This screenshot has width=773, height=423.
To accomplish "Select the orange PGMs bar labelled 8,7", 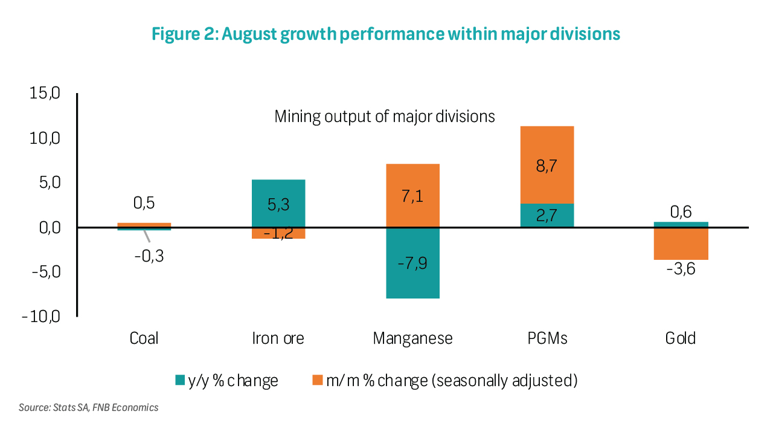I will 547,164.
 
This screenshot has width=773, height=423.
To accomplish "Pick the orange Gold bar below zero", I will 681,244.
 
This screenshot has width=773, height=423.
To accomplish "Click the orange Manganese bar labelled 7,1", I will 413,196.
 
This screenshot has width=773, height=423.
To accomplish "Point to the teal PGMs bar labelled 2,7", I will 547,215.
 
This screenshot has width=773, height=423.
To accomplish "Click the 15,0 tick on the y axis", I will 45,94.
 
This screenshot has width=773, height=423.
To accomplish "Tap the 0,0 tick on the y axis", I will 45,228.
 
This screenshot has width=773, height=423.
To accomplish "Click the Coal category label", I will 144,338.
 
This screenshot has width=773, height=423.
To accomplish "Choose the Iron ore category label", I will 278,338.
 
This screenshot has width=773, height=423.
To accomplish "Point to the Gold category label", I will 681,338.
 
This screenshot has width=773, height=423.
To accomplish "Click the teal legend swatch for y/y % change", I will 180,381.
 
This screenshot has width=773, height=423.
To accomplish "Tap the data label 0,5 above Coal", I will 144,203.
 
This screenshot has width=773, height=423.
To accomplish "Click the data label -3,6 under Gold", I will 681,269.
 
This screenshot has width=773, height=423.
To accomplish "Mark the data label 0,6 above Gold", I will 681,211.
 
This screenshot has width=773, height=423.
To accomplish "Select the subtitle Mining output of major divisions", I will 385,116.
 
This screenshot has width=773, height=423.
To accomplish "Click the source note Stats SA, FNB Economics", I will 88,407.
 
